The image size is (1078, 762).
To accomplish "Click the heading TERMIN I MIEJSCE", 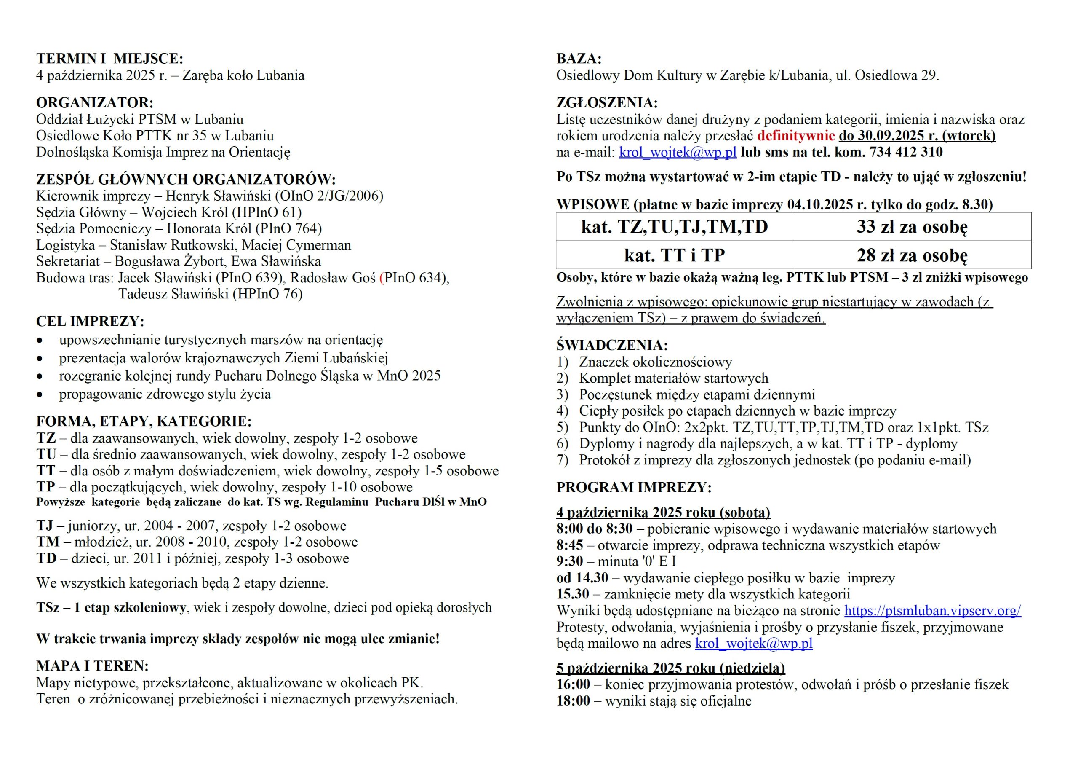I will (109, 59).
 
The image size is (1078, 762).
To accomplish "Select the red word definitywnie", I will (796, 136).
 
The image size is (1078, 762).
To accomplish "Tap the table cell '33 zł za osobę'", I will (911, 227).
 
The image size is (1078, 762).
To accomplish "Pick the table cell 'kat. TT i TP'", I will (674, 255).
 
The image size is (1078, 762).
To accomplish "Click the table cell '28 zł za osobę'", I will (911, 255).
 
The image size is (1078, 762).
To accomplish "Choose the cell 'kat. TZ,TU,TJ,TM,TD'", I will (674, 227).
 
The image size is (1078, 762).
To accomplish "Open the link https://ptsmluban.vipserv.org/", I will (932, 610).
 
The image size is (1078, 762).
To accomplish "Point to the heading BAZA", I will (579, 59).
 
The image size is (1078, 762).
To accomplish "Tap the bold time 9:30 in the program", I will (569, 561).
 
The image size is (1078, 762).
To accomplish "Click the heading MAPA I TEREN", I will (93, 666).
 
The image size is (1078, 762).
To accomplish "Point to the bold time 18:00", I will (573, 701).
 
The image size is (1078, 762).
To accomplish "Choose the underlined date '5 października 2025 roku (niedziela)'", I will (670, 668).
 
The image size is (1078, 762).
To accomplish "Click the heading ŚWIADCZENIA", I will (612, 345).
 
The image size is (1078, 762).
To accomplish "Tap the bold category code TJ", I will (45, 525).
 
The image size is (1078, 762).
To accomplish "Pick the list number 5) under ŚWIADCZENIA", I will (563, 427).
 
